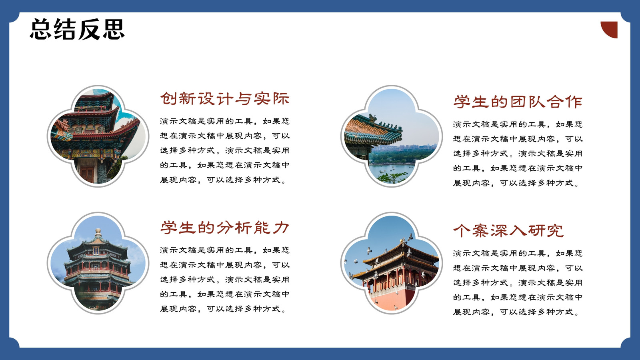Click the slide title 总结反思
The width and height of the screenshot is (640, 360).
(x=77, y=29)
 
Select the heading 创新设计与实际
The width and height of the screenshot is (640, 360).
(x=225, y=98)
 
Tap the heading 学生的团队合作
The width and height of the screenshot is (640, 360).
(x=518, y=102)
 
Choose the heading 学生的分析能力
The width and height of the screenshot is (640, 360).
(x=225, y=228)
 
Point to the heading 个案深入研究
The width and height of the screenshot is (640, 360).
(x=508, y=231)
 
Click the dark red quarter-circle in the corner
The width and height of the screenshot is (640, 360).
(x=611, y=28)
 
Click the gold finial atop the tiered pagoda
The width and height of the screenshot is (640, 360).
(x=98, y=232)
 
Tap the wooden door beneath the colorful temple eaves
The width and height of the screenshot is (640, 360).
(x=87, y=174)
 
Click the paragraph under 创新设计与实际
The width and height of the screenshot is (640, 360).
(x=225, y=150)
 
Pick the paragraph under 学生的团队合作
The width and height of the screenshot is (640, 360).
(x=518, y=154)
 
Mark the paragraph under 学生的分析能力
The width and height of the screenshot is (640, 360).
(x=225, y=280)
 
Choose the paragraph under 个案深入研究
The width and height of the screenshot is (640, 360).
(x=518, y=283)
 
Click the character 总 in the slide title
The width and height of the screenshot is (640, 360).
(x=41, y=29)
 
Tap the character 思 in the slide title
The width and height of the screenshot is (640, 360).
(x=114, y=29)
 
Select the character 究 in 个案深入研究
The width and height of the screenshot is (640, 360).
(x=556, y=231)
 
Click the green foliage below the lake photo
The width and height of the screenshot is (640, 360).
(x=393, y=178)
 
